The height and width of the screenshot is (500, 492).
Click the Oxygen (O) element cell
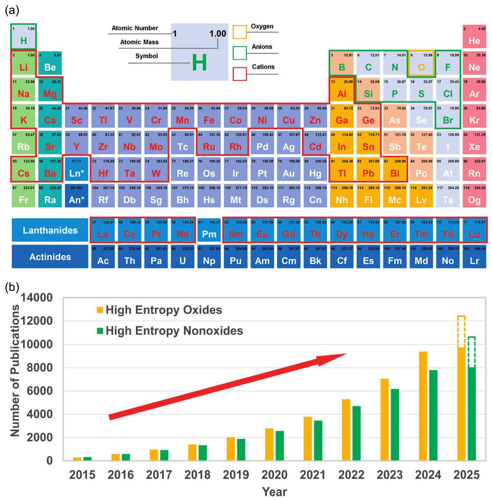pos(421,64)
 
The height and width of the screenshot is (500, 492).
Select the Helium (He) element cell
pos(474,37)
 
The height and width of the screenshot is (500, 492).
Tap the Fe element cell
pos(209,117)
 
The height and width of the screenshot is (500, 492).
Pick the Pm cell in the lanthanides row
pos(209,231)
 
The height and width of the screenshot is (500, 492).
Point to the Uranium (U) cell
pos(182,257)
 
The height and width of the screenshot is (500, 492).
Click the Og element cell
pos(474,197)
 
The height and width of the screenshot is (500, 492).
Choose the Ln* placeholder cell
pos(77,170)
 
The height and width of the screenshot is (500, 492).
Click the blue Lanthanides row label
pos(50,231)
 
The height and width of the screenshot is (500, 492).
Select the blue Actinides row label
pos(50,257)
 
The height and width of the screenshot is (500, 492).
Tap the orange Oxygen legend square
pos(240,33)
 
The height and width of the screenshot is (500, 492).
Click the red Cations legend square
pos(240,74)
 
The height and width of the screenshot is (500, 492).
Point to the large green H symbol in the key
pos(199,63)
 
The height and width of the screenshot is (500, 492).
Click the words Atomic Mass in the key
pos(139,42)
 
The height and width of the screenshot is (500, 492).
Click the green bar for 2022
pos(357,433)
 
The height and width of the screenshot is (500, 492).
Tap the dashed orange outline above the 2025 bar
pos(461,331)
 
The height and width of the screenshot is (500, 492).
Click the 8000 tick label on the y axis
pos(39,367)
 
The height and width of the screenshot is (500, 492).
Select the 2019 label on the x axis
pos(236,475)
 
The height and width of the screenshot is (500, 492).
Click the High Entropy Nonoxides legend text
pos(174,331)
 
